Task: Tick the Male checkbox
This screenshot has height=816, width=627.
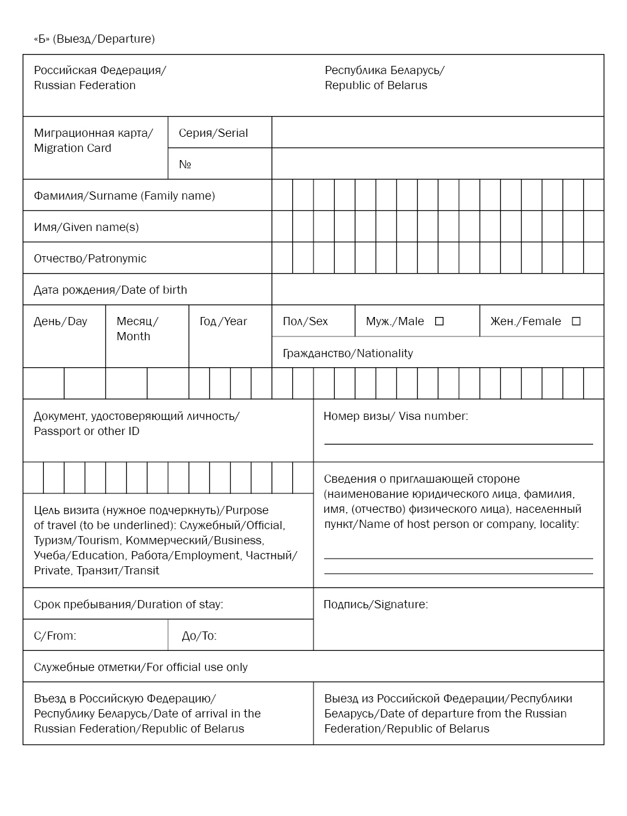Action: [440, 321]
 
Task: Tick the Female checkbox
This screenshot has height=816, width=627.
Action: [576, 321]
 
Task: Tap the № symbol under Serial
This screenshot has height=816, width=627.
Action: [185, 164]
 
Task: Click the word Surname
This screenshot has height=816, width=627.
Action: [113, 196]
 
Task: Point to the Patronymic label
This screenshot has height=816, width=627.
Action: [117, 259]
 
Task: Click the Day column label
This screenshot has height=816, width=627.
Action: [77, 321]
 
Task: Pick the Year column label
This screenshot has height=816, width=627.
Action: [235, 321]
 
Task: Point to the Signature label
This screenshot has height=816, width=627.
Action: [401, 604]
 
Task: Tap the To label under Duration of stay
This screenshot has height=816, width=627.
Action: [208, 636]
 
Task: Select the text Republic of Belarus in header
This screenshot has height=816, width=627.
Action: [376, 85]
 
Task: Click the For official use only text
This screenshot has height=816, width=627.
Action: [197, 667]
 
